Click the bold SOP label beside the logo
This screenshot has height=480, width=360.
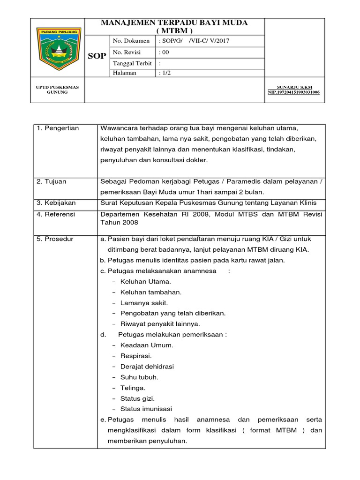pyautogui.click(x=97, y=56)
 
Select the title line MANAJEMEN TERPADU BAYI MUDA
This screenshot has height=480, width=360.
pyautogui.click(x=175, y=23)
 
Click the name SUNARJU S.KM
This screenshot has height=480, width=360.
pyautogui.click(x=294, y=87)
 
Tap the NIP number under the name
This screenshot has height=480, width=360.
pyautogui.click(x=293, y=92)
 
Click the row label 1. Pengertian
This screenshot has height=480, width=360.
pyautogui.click(x=58, y=128)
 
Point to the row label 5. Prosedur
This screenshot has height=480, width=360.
pyautogui.click(x=55, y=239)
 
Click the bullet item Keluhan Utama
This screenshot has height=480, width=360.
pyautogui.click(x=145, y=282)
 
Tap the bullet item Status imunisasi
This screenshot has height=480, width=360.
pyautogui.click(x=146, y=409)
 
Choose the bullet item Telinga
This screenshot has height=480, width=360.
pyautogui.click(x=133, y=388)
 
